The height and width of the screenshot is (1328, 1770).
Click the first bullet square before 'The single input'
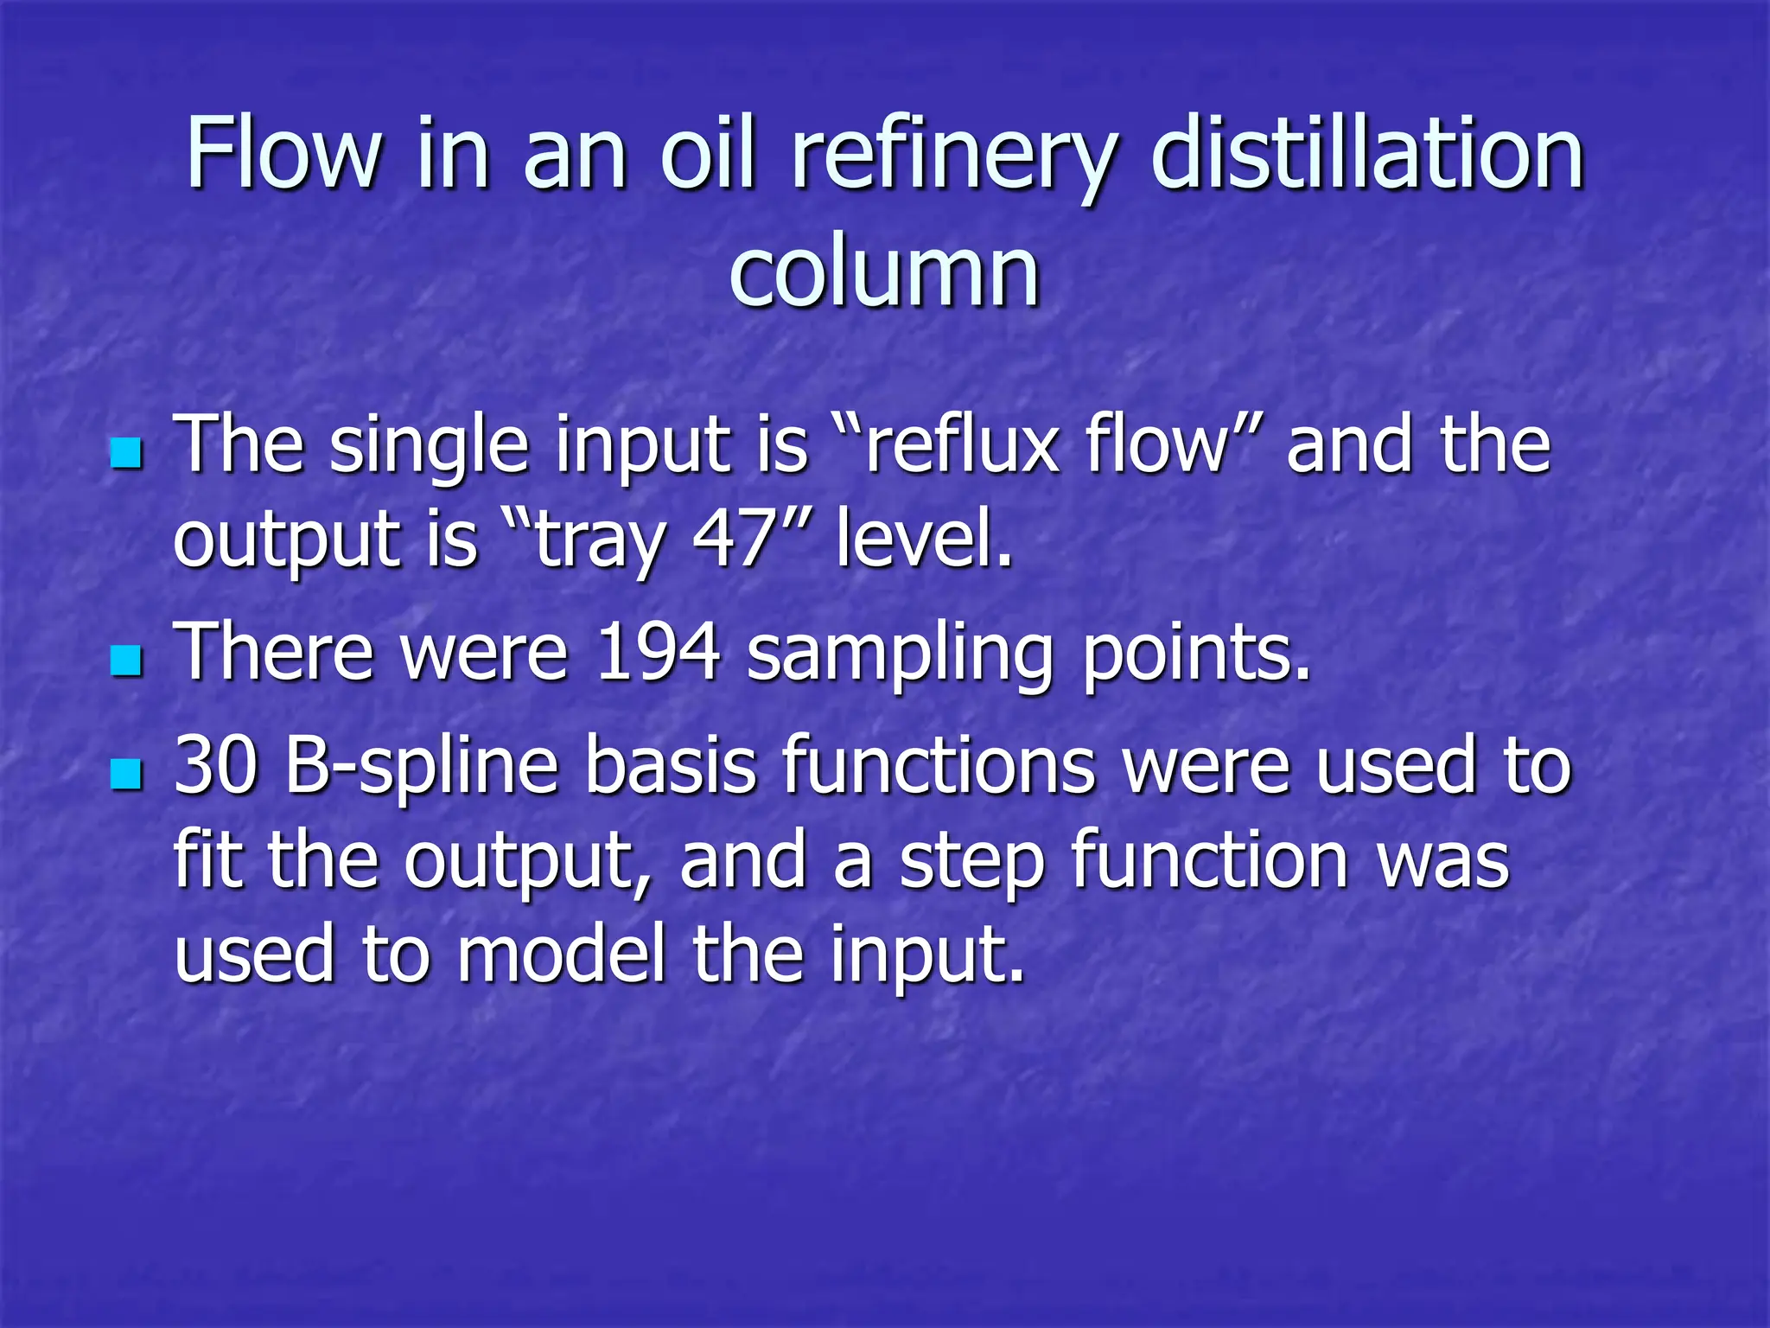[126, 452]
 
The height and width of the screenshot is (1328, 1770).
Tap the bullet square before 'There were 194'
[126, 661]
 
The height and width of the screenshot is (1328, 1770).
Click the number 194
[658, 652]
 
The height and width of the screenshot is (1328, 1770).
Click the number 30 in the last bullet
[216, 765]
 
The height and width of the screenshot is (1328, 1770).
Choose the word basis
[671, 765]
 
